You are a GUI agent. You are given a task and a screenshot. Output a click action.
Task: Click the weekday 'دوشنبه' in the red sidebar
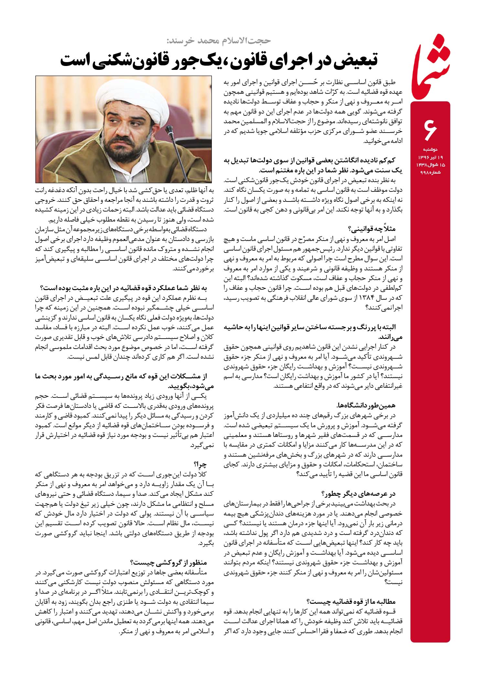click(x=430, y=150)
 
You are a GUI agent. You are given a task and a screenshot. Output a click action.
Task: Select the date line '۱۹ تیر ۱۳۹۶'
click(x=430, y=157)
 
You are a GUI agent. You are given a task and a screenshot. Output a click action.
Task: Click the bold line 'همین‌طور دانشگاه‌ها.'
click(x=367, y=405)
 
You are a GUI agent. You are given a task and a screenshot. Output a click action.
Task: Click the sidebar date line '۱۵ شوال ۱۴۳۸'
click(x=430, y=165)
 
